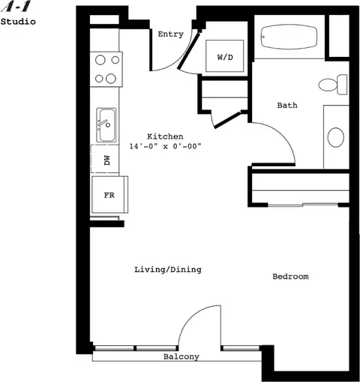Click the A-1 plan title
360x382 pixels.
11,7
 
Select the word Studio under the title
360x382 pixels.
17,22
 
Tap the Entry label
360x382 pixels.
170,34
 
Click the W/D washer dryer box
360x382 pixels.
225,56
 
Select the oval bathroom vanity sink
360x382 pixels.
336,137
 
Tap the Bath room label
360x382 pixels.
287,106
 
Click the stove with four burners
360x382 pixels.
108,69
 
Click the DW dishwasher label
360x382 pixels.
106,160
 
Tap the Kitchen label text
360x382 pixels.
165,136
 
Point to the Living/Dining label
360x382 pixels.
168,269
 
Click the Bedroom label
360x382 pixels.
290,276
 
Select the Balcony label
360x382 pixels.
181,357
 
